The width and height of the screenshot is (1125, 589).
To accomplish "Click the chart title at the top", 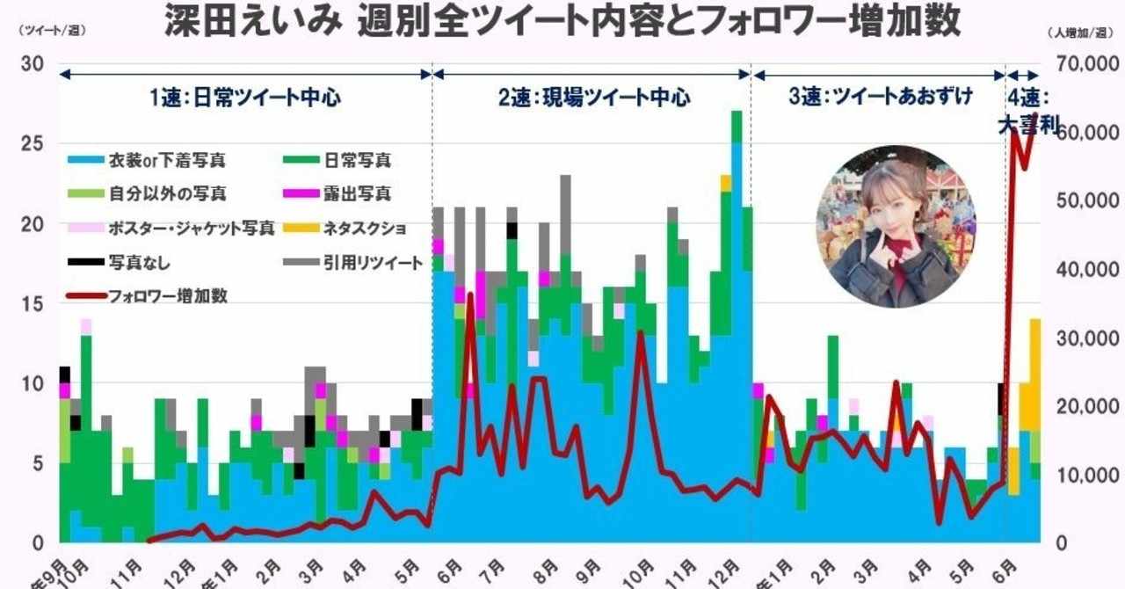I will [x=562, y=23].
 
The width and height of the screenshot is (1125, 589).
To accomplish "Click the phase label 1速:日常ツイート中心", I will [x=244, y=98].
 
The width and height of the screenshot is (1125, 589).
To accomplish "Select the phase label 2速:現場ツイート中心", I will [x=593, y=98].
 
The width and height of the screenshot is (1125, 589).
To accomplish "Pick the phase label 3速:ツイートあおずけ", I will [x=880, y=98].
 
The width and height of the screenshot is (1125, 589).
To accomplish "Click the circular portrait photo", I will [x=895, y=226].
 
